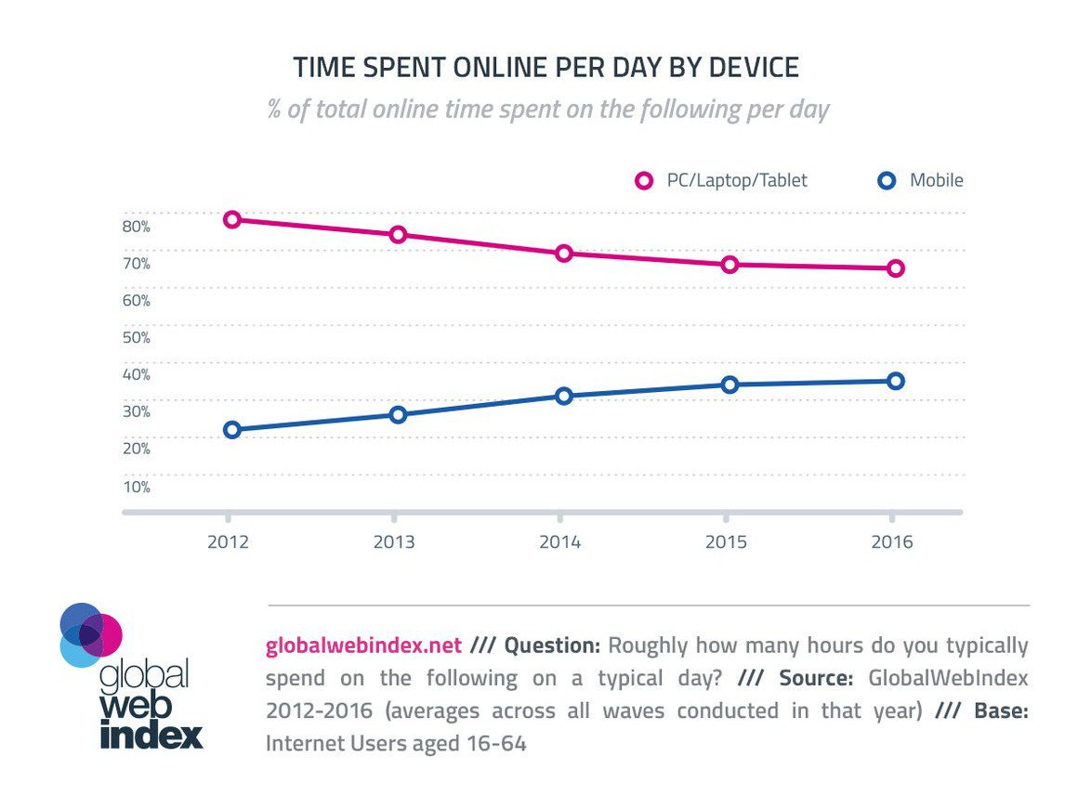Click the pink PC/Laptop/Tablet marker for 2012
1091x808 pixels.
click(232, 219)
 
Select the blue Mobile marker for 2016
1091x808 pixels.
click(895, 381)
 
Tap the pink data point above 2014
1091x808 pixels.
click(563, 254)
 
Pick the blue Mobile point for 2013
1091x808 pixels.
click(398, 414)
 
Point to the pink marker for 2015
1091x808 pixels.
click(730, 265)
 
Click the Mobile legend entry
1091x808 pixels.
click(935, 180)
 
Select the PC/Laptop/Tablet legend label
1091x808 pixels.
click(737, 180)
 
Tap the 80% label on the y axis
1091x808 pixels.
click(136, 226)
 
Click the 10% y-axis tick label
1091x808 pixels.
click(136, 487)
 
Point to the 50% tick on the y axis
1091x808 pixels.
click(136, 337)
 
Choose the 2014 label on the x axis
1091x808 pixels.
click(559, 542)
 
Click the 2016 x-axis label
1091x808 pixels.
click(891, 542)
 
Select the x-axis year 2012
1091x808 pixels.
click(229, 542)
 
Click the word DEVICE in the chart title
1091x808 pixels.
click(754, 68)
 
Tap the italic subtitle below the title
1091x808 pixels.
click(548, 110)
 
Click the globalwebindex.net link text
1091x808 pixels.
click(363, 645)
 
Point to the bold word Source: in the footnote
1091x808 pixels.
click(816, 678)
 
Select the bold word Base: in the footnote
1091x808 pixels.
click(1001, 710)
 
